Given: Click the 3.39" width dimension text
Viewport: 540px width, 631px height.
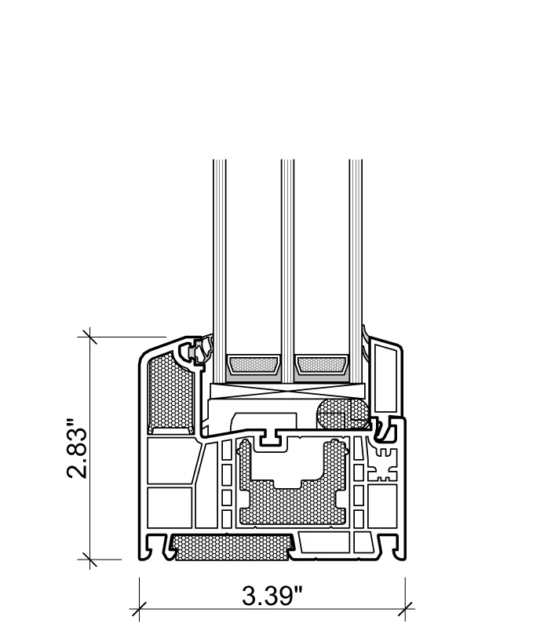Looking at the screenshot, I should tap(272, 596).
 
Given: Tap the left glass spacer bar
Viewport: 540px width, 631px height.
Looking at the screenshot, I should tap(252, 365).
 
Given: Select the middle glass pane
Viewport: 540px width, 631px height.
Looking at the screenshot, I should tap(287, 259).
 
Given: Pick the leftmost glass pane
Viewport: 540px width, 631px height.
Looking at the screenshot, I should tap(220, 259).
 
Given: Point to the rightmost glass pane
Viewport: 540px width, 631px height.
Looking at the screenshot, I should tap(356, 259).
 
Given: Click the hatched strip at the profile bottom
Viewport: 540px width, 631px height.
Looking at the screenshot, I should tap(232, 547).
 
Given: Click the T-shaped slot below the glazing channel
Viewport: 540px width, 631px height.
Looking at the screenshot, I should tap(271, 438).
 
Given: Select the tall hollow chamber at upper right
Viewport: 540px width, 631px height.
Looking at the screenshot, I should tap(385, 377).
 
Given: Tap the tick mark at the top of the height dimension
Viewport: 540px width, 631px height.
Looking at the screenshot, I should tap(89, 337).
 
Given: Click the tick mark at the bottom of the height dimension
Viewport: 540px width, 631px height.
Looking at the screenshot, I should tap(89, 560).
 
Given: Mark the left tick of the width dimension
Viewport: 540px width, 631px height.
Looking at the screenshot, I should tap(140, 607).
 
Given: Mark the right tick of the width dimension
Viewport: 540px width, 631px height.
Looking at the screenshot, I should tap(405, 607).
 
